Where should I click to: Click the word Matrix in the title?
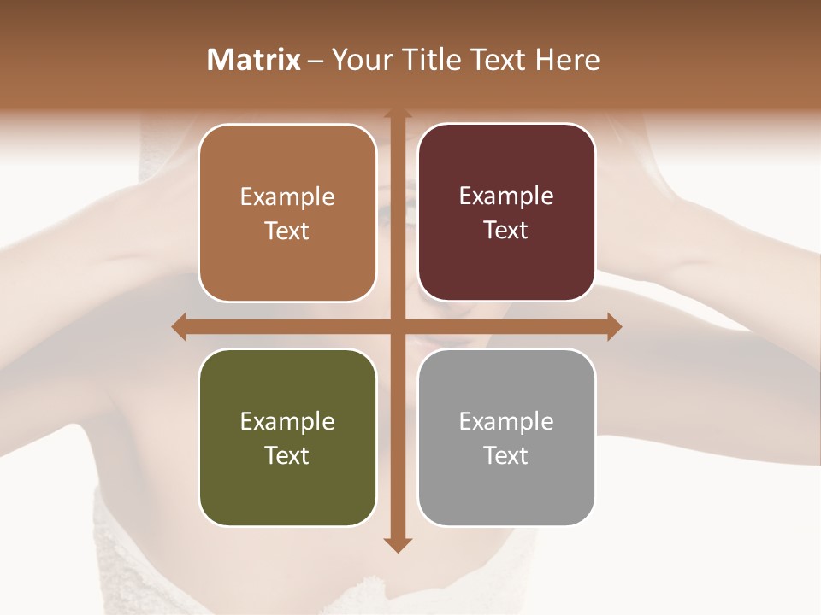(254, 60)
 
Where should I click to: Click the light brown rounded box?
(287, 265)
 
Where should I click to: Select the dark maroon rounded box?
(506, 265)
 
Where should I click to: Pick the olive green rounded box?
(287, 491)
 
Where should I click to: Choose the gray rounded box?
(506, 491)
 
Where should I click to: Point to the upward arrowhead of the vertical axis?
(398, 114)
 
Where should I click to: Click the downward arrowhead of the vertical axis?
(398, 544)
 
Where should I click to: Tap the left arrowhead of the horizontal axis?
(180, 326)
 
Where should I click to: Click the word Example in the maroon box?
(506, 196)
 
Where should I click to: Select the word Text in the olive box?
(287, 456)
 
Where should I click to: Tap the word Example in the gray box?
(506, 421)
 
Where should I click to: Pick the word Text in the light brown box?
(287, 231)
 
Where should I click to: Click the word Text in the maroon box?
(506, 231)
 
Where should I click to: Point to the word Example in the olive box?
(287, 421)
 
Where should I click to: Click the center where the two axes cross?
(398, 326)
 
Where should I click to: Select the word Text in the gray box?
(506, 456)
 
